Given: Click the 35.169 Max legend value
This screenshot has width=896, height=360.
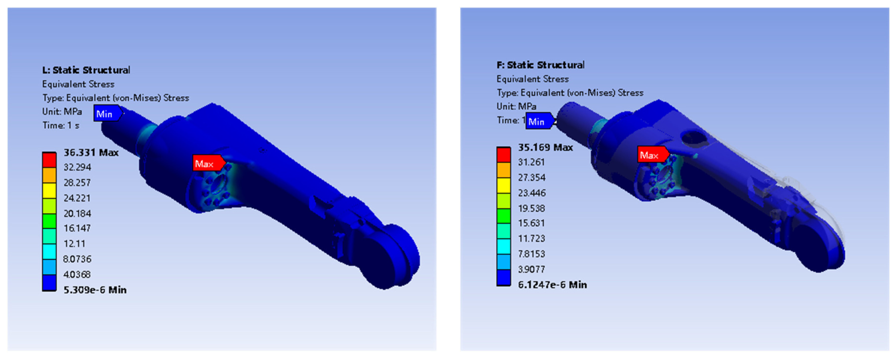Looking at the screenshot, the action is [x=545, y=148].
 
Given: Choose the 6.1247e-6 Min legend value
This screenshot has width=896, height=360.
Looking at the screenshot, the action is [x=552, y=285].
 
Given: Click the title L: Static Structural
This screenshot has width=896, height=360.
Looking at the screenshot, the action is [x=86, y=70].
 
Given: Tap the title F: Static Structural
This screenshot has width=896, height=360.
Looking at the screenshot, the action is [x=541, y=65].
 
